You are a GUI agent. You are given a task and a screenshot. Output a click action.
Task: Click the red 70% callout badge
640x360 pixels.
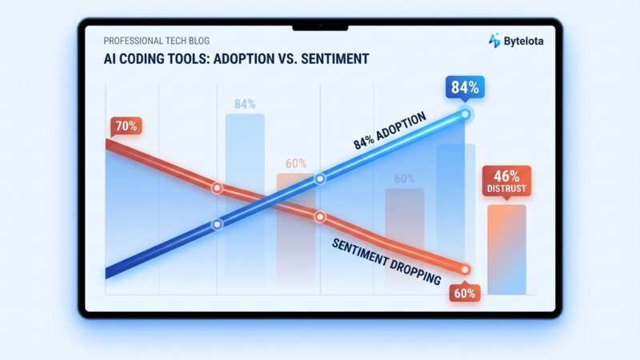pyautogui.click(x=125, y=126)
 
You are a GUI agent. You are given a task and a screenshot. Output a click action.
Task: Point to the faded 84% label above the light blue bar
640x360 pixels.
pyautogui.click(x=245, y=104)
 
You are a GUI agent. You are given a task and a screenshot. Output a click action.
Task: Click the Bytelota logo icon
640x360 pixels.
pyautogui.click(x=495, y=40)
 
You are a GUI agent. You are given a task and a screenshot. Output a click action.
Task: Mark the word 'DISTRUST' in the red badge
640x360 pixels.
pyautogui.click(x=506, y=190)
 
